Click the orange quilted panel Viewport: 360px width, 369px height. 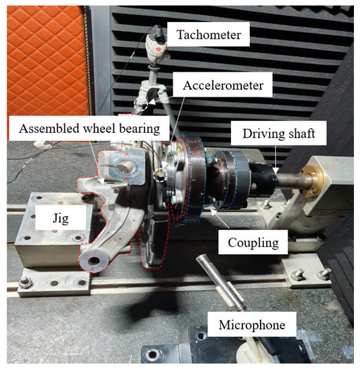(x=47, y=60)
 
